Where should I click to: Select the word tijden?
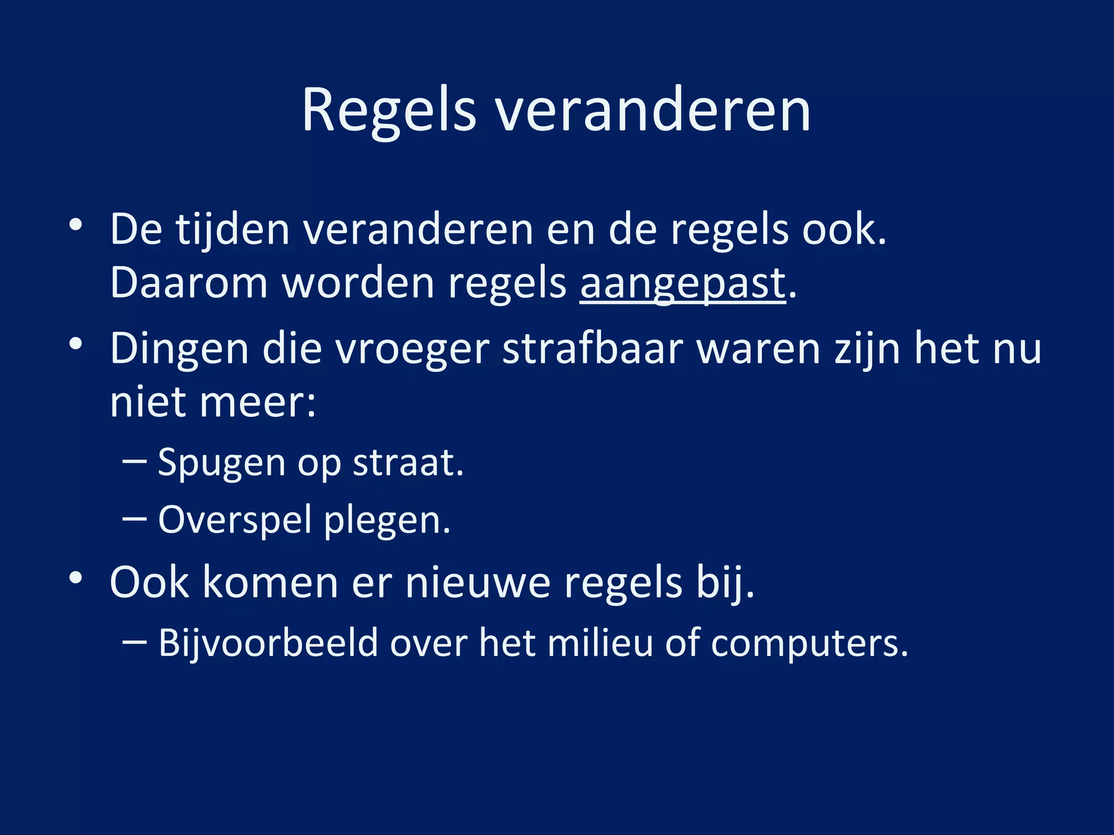point(232,230)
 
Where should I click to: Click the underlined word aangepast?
point(683,284)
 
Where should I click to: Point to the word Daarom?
point(189,284)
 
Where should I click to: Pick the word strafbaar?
point(592,349)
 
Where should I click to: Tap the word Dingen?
point(180,349)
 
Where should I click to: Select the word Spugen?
point(221,463)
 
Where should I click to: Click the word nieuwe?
point(478,583)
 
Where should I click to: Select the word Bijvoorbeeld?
point(268,643)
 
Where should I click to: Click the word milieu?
point(599,643)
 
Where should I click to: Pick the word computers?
point(809,643)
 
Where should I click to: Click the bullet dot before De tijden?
point(76,224)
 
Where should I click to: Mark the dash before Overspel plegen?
point(134,519)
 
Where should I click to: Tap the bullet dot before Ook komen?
point(76,577)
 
